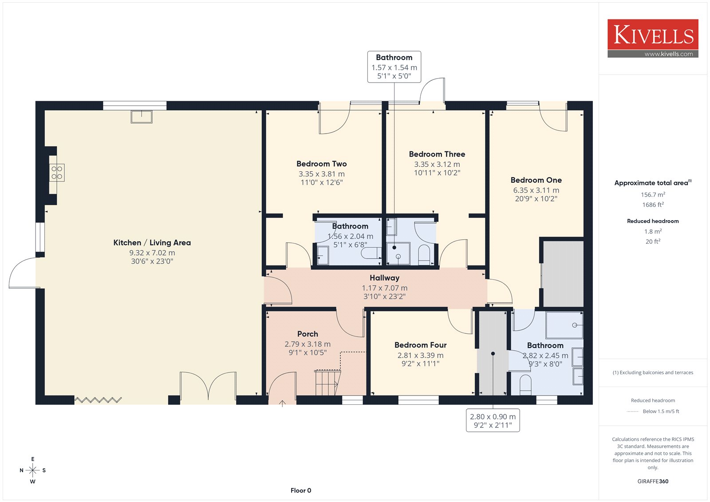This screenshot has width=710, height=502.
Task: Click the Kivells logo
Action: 653,38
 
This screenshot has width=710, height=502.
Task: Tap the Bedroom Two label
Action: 321,164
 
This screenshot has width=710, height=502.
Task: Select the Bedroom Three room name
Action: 437,154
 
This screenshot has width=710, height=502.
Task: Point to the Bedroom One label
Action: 536,180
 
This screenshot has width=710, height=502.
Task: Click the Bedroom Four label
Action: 420,345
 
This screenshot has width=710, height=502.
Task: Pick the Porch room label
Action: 308,334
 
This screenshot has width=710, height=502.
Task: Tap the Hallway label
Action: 384,278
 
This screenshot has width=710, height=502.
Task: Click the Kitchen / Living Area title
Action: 152,243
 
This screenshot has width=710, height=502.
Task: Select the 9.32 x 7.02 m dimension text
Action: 152,253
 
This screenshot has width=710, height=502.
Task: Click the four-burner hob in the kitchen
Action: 57,173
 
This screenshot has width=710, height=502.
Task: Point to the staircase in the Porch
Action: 327,383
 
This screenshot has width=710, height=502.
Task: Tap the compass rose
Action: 33,470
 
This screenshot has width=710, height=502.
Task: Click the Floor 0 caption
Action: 301,490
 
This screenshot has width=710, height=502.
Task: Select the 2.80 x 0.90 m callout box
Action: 493,420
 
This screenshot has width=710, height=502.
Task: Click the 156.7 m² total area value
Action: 653,194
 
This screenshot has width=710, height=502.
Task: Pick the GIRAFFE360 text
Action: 653,482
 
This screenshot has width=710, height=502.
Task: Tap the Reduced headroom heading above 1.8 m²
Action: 653,221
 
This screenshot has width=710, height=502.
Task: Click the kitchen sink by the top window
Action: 142,117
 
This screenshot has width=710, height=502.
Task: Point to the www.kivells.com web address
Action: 668,54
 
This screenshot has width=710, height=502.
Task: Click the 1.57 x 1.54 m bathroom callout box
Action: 394,67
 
